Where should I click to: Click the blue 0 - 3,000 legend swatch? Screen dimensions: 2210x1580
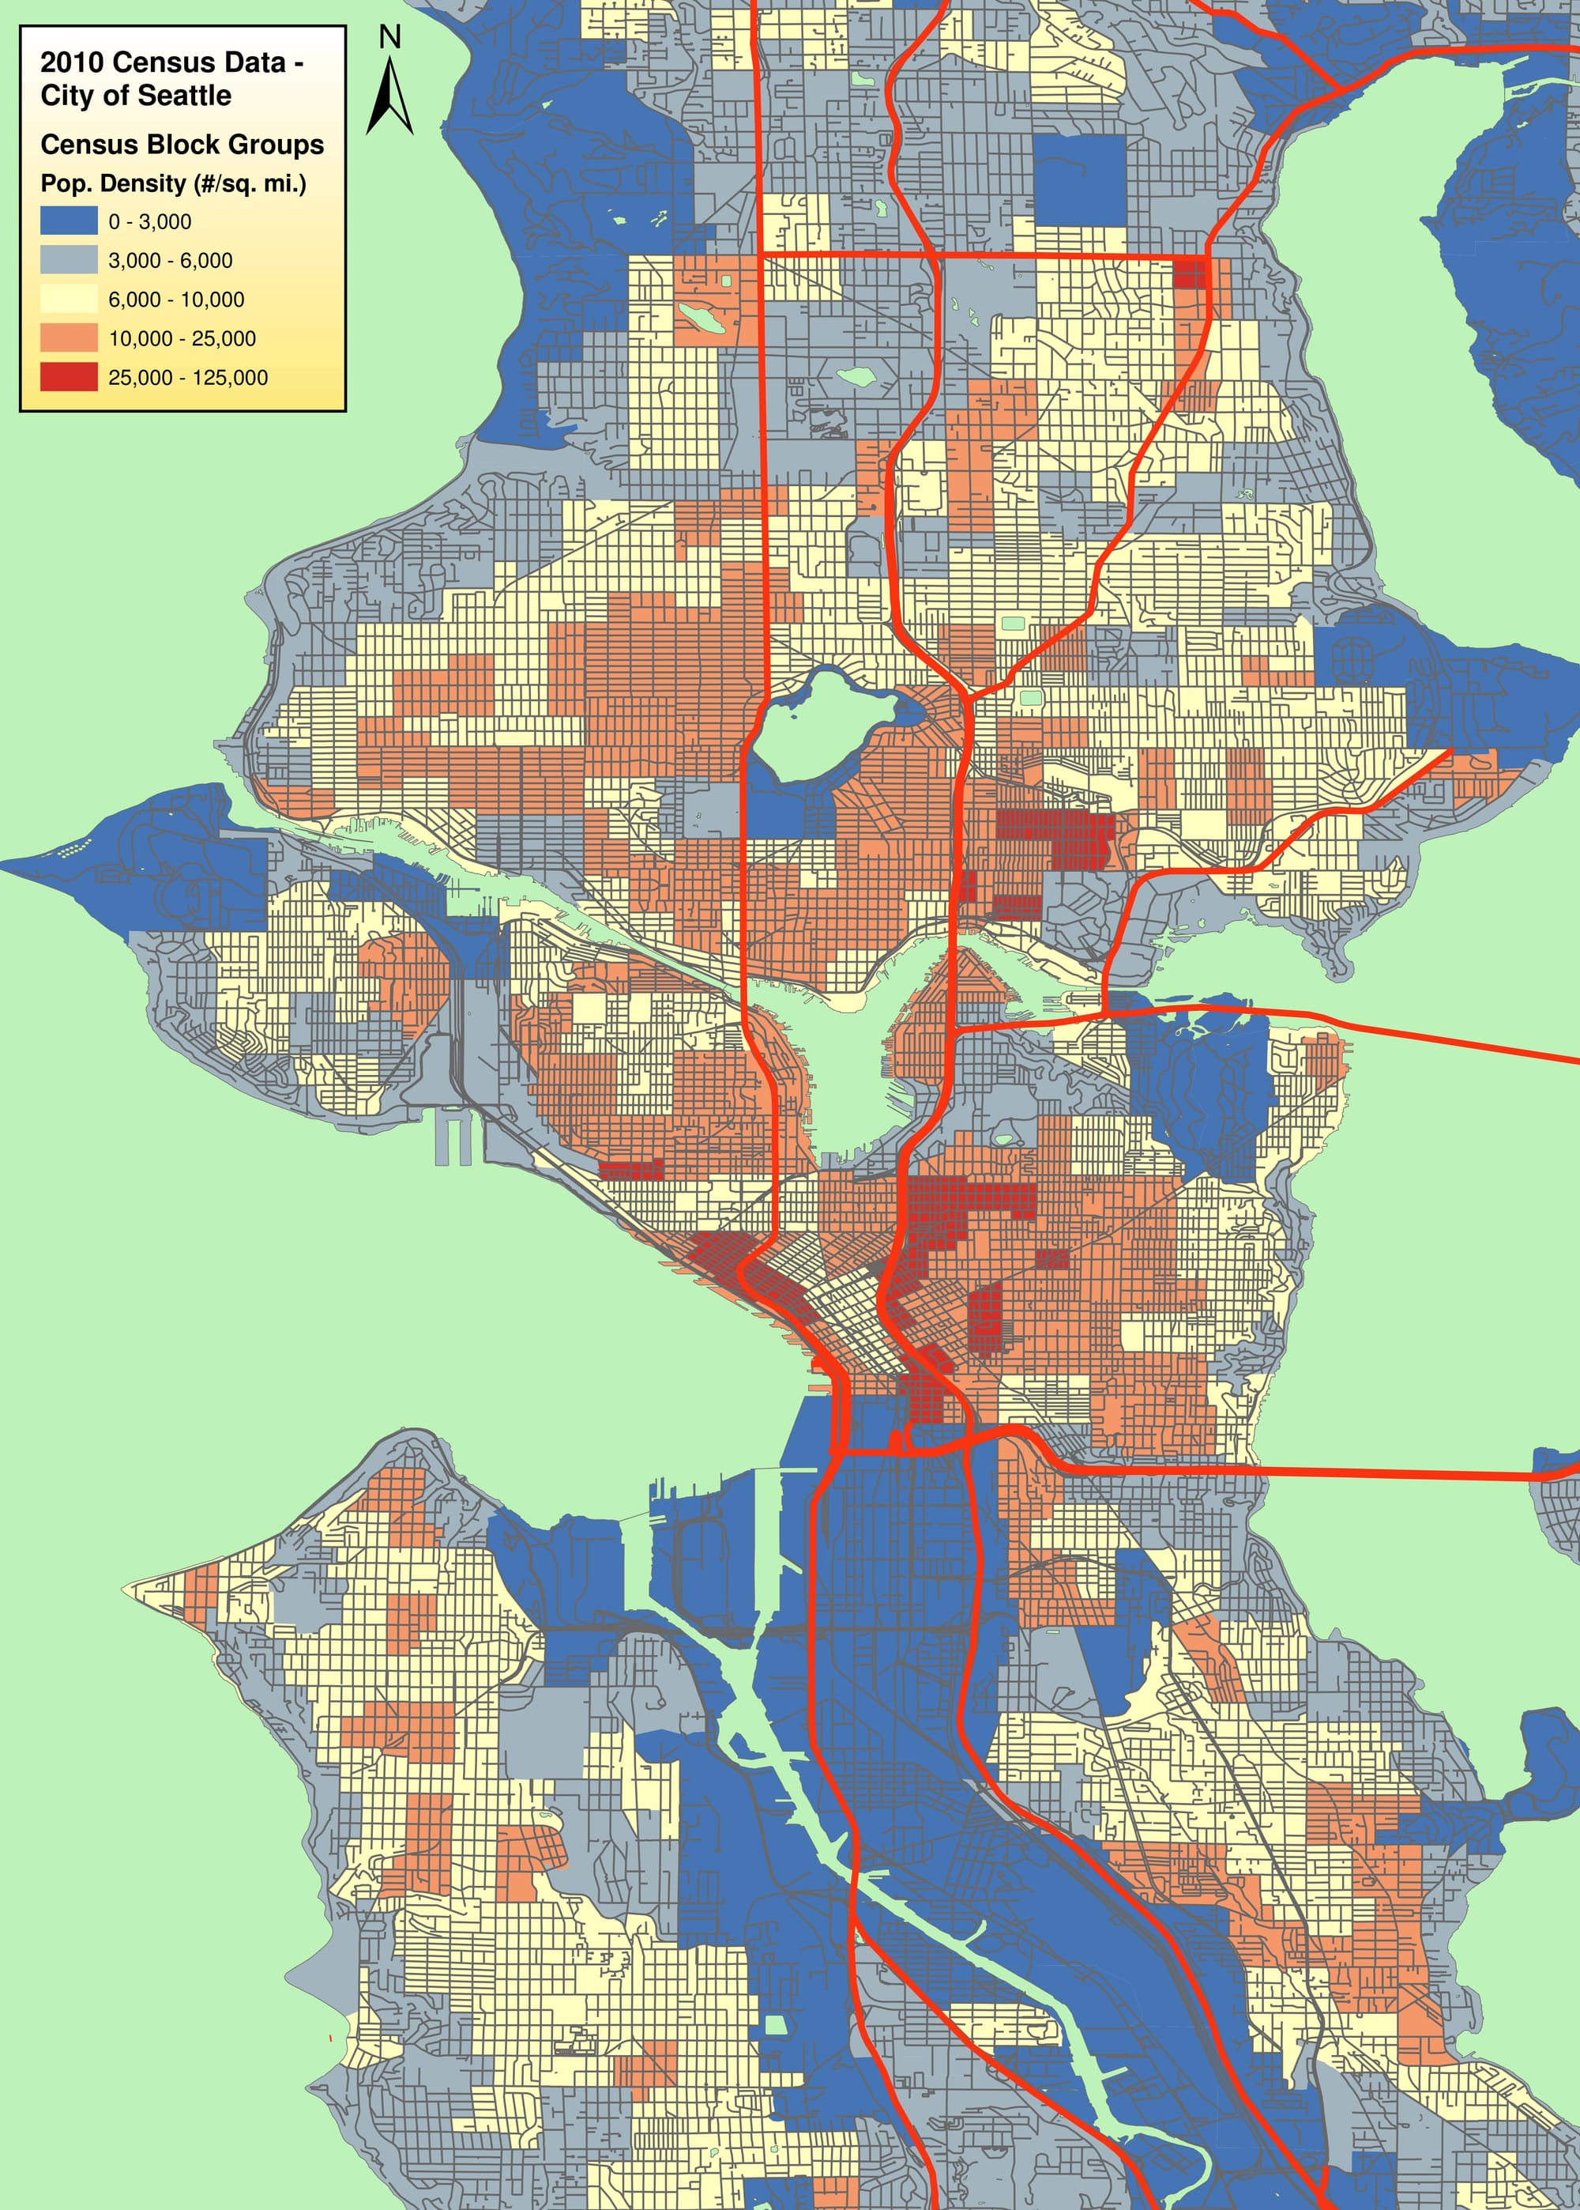68,221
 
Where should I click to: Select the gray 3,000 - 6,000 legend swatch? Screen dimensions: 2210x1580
68,260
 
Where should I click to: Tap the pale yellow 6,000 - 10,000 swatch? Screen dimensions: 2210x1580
68,299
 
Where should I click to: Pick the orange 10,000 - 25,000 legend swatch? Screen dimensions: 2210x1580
68,338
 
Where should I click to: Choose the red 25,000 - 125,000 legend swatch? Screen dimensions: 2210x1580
68,376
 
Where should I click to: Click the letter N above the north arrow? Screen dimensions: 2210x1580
389,37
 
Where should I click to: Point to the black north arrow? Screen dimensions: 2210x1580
389,97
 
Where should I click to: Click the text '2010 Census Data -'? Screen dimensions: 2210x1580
171,62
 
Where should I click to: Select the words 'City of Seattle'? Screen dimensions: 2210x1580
135,96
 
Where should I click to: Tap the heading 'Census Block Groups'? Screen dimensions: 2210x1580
182,144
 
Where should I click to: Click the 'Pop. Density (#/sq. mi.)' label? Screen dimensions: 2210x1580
173,183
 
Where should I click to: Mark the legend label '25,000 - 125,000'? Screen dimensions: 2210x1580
188,378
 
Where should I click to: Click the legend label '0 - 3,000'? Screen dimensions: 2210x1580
150,222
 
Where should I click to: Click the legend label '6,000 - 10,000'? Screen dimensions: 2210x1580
176,300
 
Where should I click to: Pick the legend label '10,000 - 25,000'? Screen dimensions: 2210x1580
182,338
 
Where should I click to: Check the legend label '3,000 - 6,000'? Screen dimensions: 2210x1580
171,261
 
